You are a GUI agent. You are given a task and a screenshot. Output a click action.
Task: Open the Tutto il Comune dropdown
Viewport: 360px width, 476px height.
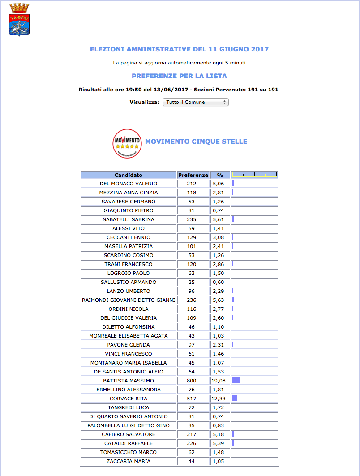tap(195, 102)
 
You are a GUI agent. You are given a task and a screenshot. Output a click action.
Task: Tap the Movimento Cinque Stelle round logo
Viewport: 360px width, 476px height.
tap(127, 143)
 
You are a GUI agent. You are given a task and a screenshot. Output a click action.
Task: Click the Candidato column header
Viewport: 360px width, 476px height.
tap(129, 175)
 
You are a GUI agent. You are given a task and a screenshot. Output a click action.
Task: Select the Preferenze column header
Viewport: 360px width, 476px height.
tap(193, 175)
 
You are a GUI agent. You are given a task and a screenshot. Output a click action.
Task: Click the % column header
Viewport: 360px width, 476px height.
tap(220, 175)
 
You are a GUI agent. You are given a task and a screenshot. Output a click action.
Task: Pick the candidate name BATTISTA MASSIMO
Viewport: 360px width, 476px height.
tap(129, 381)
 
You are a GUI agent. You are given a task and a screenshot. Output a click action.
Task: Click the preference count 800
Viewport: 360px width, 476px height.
tap(192, 381)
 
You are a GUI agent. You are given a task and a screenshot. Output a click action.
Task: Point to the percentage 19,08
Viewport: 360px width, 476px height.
tap(219, 381)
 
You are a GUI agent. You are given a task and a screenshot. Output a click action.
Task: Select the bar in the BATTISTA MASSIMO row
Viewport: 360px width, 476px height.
tap(236, 381)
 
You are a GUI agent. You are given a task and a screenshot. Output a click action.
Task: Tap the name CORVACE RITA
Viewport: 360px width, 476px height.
tap(129, 399)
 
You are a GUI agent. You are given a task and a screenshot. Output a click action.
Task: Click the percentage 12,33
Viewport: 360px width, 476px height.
tap(219, 399)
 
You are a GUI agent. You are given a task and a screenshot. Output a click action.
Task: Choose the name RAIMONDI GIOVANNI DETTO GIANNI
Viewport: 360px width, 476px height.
tap(129, 300)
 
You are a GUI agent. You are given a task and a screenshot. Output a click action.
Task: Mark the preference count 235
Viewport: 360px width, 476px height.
tap(192, 219)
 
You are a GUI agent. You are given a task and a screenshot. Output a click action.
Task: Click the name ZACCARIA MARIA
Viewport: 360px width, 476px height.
tap(129, 461)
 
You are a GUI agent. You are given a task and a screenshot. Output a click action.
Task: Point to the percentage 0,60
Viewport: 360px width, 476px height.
tap(219, 282)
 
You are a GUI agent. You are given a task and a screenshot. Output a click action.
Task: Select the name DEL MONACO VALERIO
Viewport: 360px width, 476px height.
tap(129, 184)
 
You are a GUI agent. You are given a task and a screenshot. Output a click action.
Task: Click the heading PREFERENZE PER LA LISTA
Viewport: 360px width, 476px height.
tap(179, 76)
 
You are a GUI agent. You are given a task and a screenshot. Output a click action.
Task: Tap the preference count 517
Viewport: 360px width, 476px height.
tap(192, 399)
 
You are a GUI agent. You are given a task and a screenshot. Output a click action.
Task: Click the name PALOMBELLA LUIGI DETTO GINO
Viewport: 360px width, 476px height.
tap(129, 425)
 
